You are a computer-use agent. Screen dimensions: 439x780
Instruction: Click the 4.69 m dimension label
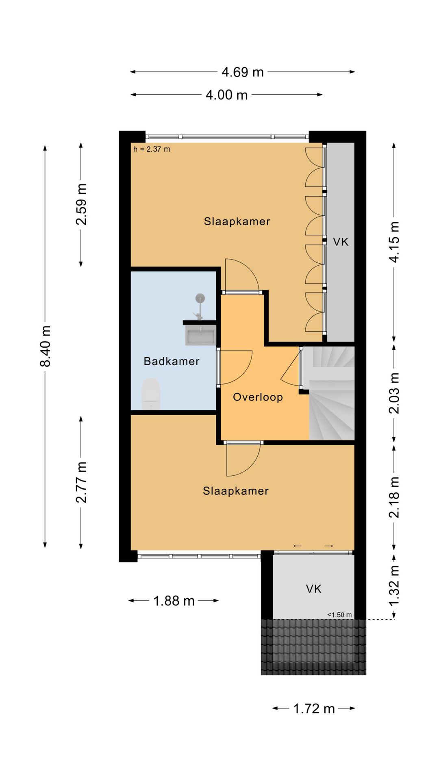[x=243, y=72]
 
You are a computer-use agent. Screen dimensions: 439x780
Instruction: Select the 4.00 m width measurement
[x=226, y=95]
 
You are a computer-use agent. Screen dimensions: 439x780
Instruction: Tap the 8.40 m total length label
[x=46, y=346]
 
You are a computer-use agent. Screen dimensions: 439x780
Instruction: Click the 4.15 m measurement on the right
[x=394, y=242]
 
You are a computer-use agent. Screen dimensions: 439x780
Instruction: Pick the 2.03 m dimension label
[x=394, y=393]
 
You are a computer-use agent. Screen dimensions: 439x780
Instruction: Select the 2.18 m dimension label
[x=394, y=497]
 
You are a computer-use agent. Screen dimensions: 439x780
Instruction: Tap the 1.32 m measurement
[x=394, y=585]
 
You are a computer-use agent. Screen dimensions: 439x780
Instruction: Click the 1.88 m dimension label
[x=174, y=601]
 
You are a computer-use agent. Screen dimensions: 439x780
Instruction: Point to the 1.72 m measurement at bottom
[x=314, y=709]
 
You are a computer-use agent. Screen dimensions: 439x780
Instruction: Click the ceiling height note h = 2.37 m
[x=152, y=149]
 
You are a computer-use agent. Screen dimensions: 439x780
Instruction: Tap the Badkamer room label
[x=172, y=361]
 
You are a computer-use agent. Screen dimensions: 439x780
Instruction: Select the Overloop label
[x=258, y=397]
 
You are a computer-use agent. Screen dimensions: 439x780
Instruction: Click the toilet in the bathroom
[x=151, y=394]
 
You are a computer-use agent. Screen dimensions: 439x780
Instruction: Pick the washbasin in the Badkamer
[x=201, y=335]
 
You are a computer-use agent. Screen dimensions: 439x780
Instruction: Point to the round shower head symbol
[x=200, y=299]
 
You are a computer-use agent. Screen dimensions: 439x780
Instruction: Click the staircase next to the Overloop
[x=332, y=393]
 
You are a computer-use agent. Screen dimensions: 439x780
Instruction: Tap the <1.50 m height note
[x=340, y=615]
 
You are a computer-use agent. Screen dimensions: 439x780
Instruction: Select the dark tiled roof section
[x=313, y=647]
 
